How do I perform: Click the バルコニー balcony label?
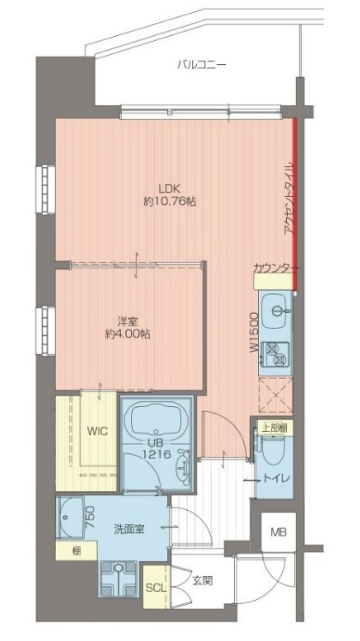pyautogui.click(x=202, y=63)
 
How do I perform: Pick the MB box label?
pyautogui.click(x=279, y=532)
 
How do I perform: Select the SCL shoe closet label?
pyautogui.click(x=154, y=588)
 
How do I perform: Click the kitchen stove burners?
pyautogui.click(x=276, y=351)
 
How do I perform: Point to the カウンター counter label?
pyautogui.click(x=275, y=268)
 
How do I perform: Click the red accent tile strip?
pyautogui.click(x=294, y=197)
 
